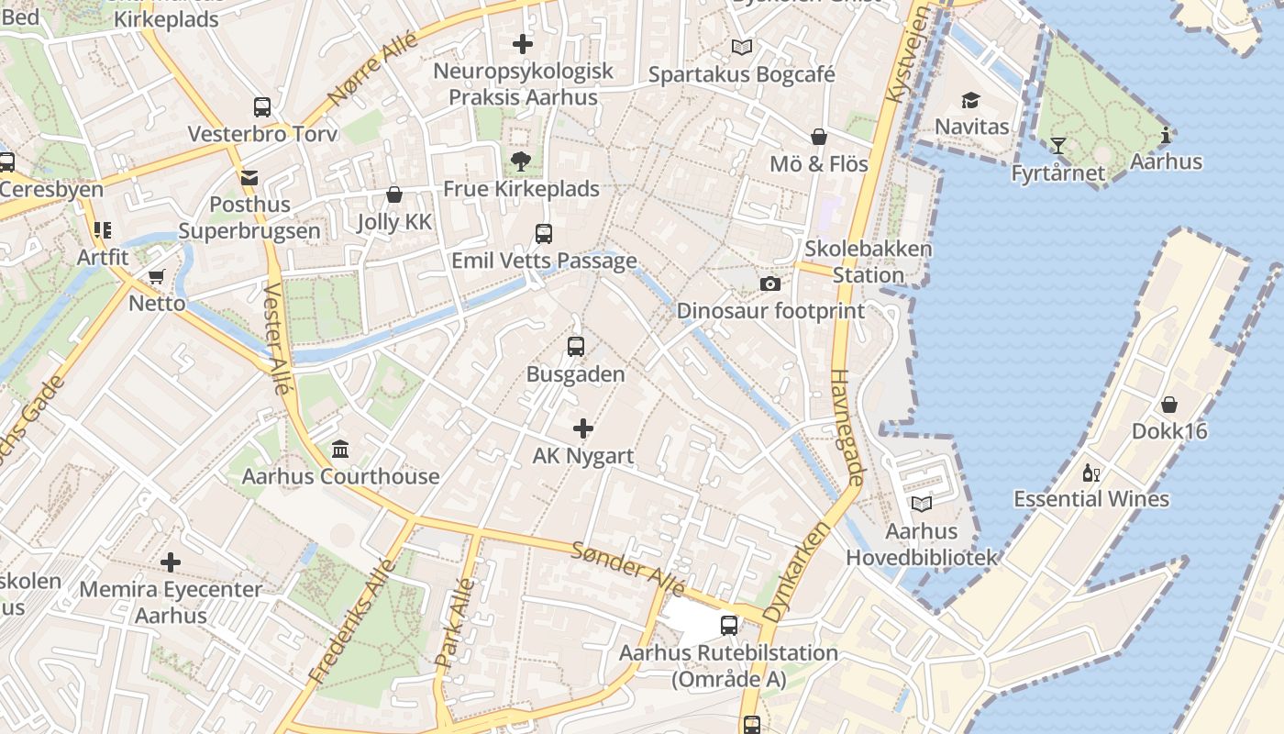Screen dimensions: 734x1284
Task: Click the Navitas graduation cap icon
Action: pos(970,100)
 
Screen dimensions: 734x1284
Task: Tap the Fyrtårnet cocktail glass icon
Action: pos(1058,146)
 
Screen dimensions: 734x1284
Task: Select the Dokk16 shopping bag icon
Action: pos(1169,405)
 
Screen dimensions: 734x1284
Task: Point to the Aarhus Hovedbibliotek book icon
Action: pos(921,504)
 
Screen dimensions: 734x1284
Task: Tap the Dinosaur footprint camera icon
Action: pos(770,284)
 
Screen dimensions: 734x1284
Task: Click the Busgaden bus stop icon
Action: pos(575,347)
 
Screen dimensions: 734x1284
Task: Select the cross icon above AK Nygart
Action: pos(583,428)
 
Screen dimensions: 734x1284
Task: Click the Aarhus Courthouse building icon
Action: pos(340,450)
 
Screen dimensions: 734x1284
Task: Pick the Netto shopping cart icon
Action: pos(157,276)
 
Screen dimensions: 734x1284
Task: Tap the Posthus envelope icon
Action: pos(249,177)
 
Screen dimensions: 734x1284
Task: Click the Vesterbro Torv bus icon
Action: pos(262,107)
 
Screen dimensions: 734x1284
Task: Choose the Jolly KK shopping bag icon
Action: pos(393,195)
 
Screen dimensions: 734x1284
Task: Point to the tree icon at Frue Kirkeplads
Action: pos(521,162)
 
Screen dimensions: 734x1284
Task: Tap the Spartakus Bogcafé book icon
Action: pos(741,47)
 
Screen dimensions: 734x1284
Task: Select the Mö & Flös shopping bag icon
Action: pos(819,137)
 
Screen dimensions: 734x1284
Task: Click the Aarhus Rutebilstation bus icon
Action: pos(729,626)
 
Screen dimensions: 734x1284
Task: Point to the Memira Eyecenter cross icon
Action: pos(171,562)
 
